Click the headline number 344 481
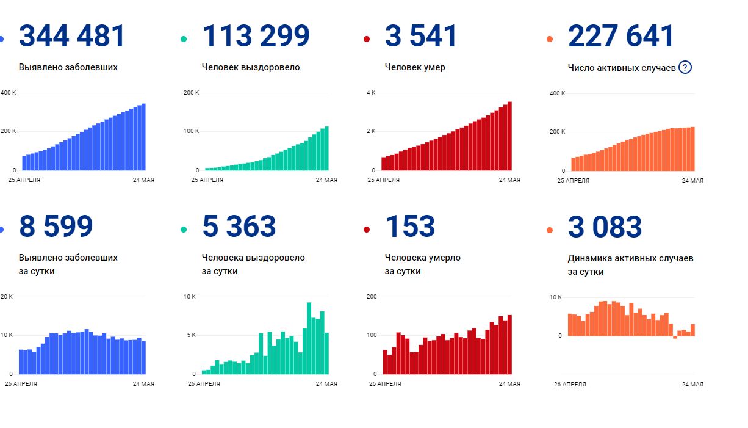[x=72, y=36]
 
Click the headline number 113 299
[x=256, y=36]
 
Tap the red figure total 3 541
[x=421, y=36]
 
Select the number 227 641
[x=620, y=36]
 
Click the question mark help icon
[x=685, y=67]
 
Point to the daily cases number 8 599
[x=56, y=227]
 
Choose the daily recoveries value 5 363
[x=239, y=227]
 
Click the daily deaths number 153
[x=410, y=227]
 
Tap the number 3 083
[x=605, y=227]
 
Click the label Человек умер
[x=415, y=67]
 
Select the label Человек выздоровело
[x=251, y=67]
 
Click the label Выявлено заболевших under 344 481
[x=68, y=67]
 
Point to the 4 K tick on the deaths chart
[x=371, y=93]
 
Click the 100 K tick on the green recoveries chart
[x=191, y=131]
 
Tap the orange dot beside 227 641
[x=550, y=40]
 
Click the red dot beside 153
[x=367, y=230]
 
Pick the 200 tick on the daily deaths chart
[x=372, y=297]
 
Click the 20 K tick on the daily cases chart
[x=7, y=297]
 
